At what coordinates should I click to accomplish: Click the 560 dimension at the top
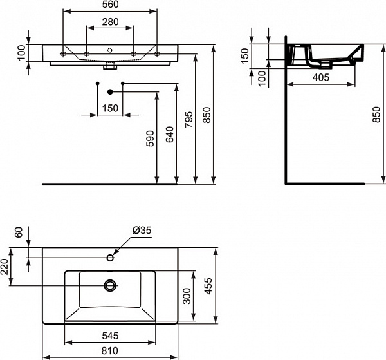coord(110,6)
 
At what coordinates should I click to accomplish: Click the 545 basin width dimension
coord(109,336)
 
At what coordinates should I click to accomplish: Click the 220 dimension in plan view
coord(6,265)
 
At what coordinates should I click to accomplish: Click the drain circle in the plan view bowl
coord(110,284)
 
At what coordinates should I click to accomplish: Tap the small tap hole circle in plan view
coord(110,258)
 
